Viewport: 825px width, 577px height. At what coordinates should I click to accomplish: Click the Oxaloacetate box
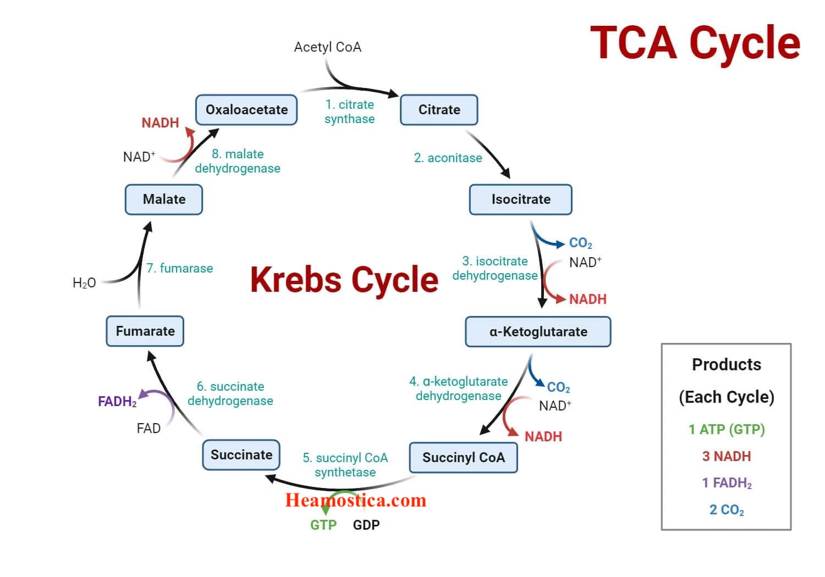tap(246, 110)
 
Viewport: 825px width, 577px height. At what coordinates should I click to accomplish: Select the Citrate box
tap(439, 110)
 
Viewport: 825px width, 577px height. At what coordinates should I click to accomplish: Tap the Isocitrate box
tap(520, 199)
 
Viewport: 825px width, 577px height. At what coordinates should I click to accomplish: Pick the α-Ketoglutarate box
tap(538, 332)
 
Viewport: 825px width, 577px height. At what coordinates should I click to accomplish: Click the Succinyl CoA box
tap(463, 458)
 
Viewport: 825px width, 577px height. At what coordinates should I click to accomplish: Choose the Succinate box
tap(241, 455)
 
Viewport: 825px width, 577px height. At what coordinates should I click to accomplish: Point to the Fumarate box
tap(145, 331)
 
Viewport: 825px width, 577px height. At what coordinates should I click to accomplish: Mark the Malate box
tap(164, 199)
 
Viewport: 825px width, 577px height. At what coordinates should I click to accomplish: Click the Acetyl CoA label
tap(327, 47)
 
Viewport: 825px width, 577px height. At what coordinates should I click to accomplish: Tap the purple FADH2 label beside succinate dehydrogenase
tap(117, 402)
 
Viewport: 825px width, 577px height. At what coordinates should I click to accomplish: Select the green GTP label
tap(323, 525)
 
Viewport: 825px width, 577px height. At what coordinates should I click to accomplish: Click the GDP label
tap(366, 525)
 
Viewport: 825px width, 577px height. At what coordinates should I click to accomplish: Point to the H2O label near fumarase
tap(84, 283)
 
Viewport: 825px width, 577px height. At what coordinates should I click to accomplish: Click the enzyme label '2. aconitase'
tap(448, 158)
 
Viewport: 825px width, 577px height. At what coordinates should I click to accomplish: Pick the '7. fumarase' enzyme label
tap(179, 269)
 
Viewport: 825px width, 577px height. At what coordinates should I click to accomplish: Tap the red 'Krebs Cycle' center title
tap(344, 280)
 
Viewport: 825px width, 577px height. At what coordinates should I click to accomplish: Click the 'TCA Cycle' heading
tap(695, 43)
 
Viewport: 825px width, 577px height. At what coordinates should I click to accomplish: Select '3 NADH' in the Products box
tap(726, 457)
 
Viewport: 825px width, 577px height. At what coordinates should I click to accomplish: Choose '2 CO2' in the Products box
tap(726, 511)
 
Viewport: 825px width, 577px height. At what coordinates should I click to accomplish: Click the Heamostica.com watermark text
tap(355, 500)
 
